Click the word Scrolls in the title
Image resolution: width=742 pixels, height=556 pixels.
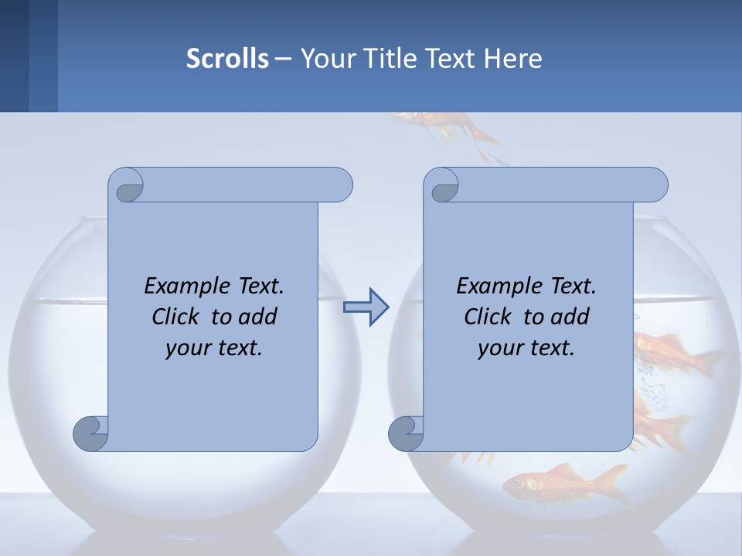[x=227, y=58]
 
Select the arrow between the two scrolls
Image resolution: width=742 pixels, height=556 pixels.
[x=366, y=307]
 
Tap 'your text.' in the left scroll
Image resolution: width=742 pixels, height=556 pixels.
[x=214, y=347]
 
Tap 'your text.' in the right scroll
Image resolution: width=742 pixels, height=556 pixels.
[x=526, y=347]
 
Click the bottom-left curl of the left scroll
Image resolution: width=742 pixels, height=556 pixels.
[x=90, y=432]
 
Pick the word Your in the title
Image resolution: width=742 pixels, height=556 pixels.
[x=325, y=58]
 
